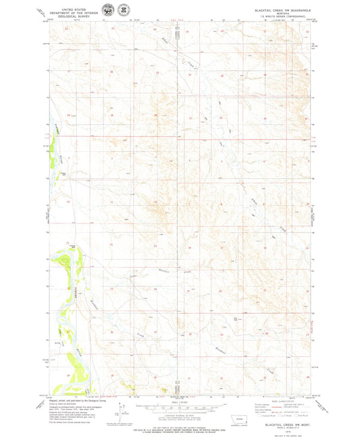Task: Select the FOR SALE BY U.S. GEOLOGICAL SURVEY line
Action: click(x=179, y=425)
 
